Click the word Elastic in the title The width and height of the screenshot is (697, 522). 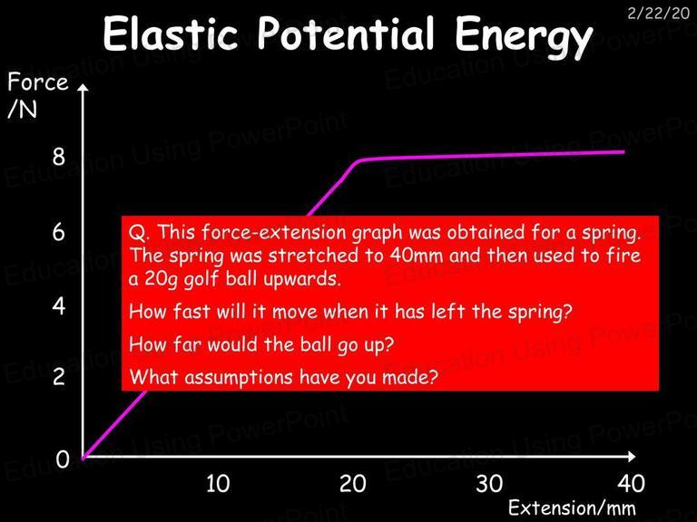[171, 34]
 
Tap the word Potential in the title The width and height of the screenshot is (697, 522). [346, 34]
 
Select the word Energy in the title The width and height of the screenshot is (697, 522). [523, 38]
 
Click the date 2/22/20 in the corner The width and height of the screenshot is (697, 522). [658, 14]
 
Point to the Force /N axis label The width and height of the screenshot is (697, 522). [38, 94]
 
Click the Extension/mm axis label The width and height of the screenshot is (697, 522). [572, 507]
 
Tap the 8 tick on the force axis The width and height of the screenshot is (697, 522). [58, 157]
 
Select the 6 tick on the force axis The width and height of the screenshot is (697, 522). [58, 232]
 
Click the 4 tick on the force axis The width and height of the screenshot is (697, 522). [58, 305]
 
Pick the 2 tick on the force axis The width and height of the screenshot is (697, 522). [58, 376]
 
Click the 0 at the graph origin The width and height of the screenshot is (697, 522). [63, 459]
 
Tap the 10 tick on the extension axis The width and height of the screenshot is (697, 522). [218, 483]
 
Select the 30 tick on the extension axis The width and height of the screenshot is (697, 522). [489, 483]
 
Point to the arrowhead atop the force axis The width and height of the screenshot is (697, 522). [83, 87]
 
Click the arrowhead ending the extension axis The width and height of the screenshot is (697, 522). [632, 456]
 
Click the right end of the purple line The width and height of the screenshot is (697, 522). [623, 152]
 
